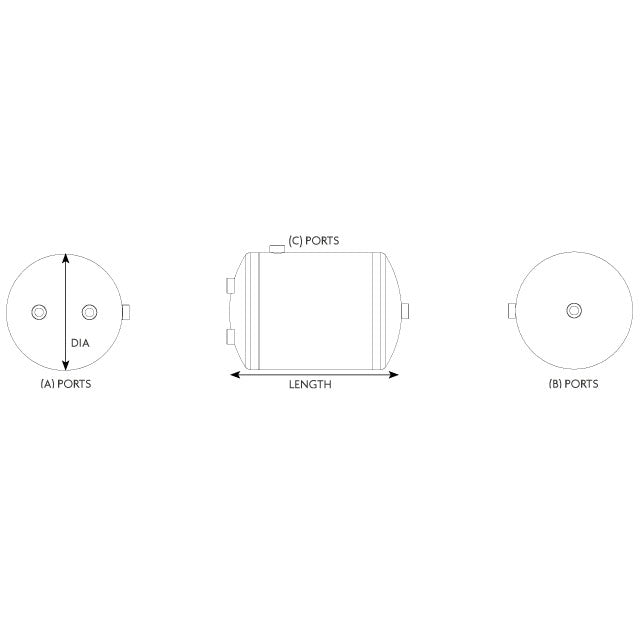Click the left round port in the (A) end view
coord(40,311)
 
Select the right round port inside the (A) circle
coord(90,311)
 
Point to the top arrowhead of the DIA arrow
coord(65,256)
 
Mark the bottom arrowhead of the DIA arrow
coord(65,368)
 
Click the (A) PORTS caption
coord(65,384)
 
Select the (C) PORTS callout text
coord(314,240)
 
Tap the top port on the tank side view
coord(277,246)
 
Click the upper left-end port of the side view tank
coord(231,286)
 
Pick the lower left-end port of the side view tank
coord(231,335)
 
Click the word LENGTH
coord(310,385)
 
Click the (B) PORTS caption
coord(574,384)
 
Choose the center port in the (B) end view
coord(573,311)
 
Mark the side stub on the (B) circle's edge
coord(512,311)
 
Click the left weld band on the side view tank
coord(253,310)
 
